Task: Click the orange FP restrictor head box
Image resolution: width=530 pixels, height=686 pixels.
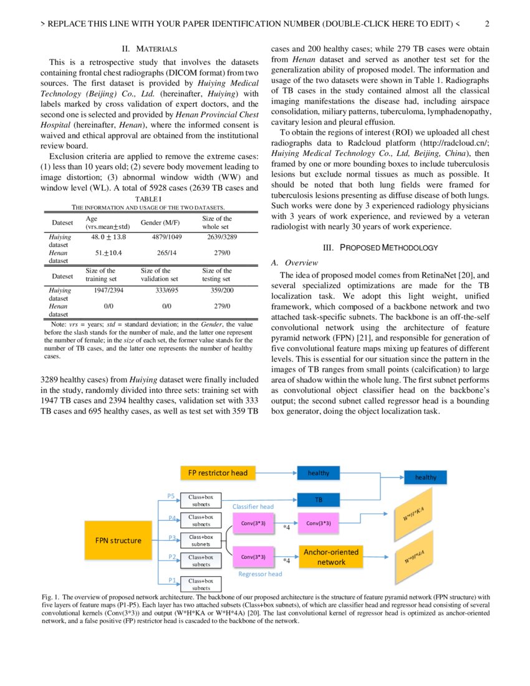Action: coord(218,473)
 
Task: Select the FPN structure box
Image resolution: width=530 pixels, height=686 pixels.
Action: coord(118,540)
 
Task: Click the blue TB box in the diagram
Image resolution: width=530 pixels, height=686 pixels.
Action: coord(318,500)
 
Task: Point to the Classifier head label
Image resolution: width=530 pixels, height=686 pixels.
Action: coord(253,507)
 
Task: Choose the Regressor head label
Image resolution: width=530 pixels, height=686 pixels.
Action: coord(260,574)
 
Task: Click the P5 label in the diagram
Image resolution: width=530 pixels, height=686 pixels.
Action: coord(171,496)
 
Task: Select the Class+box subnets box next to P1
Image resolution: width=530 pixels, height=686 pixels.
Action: coord(201,584)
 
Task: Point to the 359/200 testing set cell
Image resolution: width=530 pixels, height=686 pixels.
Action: coord(222,290)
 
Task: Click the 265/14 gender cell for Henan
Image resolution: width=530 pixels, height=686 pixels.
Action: coord(165,253)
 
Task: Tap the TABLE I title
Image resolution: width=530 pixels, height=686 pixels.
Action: coord(148,198)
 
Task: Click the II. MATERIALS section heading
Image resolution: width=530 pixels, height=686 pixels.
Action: coord(149,49)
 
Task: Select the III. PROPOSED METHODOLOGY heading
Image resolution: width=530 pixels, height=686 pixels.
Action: coord(380,248)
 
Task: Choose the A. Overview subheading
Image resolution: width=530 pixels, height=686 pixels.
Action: coord(292,263)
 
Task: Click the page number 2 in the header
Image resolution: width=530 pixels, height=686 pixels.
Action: coord(487,25)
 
